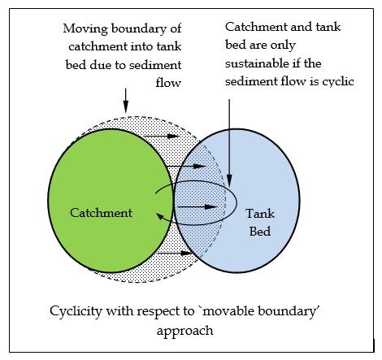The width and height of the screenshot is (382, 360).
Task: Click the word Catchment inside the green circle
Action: coord(101,213)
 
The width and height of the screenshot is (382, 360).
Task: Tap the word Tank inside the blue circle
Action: coord(260,214)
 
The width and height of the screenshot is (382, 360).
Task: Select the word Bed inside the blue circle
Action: coord(260,232)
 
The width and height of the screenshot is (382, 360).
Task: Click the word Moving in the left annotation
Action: coord(85,29)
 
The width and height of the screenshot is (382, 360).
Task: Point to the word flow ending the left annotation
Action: coord(168,82)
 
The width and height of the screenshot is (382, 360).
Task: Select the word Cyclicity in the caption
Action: coord(76,311)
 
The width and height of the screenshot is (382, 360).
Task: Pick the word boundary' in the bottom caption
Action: coord(289,311)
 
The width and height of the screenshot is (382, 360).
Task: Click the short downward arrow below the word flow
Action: coord(125,100)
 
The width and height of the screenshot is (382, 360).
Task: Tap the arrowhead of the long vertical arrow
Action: coord(229,180)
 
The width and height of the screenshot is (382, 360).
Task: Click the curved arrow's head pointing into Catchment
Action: coord(160,216)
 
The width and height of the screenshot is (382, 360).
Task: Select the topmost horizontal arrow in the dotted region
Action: coord(162,136)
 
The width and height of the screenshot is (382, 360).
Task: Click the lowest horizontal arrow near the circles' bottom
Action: coord(175,254)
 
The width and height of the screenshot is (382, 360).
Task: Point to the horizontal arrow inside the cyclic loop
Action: coord(197,207)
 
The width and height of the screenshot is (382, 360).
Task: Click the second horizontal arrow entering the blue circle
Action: coord(186,166)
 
